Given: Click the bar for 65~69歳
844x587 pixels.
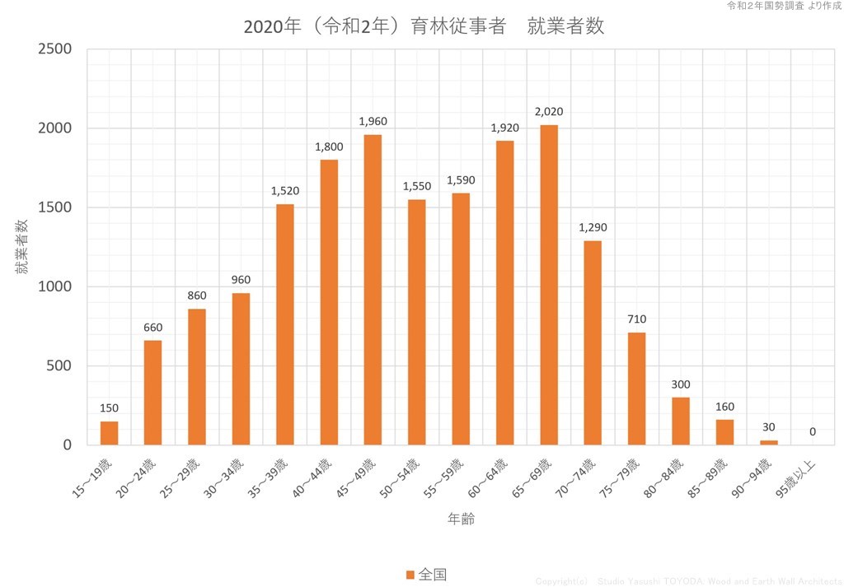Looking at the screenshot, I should pos(549,285).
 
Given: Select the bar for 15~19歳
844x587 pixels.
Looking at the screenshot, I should pos(110,433).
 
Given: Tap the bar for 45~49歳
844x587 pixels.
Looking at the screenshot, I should pos(373,290).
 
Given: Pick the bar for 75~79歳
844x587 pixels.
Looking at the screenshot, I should pos(637,389).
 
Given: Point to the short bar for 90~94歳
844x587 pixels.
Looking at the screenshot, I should pos(768,442).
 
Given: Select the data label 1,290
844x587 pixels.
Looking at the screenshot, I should pos(593,227).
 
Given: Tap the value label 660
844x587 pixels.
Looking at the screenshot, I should pos(153,327).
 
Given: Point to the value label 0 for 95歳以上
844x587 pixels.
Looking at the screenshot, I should pos(813,431).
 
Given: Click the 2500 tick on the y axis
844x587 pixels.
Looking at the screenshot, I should pos(56,49).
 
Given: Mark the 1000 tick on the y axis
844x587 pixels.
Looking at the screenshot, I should pos(56,287).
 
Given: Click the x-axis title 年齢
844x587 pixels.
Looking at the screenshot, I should pos(461,519).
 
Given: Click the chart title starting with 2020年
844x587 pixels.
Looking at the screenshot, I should pos(424,26).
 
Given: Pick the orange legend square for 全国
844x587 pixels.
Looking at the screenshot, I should pos(410,574).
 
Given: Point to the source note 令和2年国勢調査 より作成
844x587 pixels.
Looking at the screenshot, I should pos(783,6).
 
